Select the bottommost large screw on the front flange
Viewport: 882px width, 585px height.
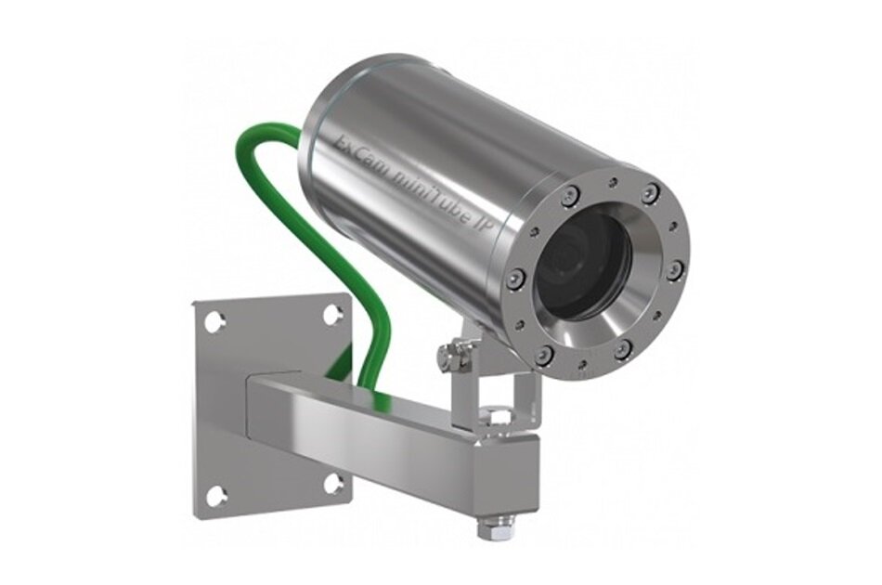coord(545,356)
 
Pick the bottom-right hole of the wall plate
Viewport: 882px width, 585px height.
coord(332,484)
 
